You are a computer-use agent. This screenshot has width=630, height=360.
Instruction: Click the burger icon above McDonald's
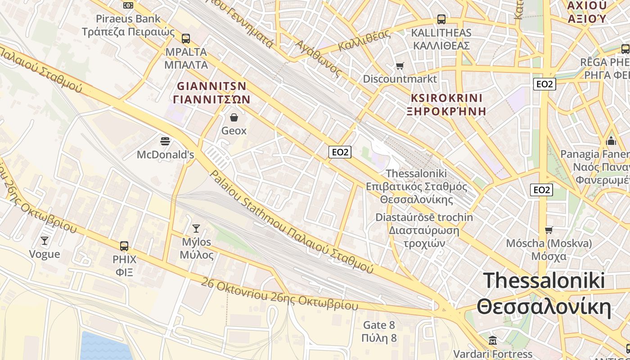[165, 141]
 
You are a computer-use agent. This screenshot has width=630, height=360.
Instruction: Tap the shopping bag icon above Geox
[234, 118]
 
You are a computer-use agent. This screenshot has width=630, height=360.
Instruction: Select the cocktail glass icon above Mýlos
[196, 229]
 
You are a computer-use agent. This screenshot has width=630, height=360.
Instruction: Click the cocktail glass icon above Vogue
[44, 241]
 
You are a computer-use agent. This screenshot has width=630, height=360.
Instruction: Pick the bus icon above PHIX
[124, 246]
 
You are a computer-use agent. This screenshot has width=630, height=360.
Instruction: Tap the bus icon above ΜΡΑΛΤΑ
[185, 39]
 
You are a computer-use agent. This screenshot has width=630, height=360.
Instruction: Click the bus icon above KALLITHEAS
[441, 19]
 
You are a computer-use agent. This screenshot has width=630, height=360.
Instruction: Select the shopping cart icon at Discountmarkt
[400, 66]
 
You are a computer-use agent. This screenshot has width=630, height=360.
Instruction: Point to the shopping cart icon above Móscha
[549, 230]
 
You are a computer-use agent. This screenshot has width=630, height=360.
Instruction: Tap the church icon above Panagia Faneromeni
[611, 140]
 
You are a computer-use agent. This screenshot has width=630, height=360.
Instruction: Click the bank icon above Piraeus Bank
[128, 5]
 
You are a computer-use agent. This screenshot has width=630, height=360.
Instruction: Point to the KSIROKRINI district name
[446, 98]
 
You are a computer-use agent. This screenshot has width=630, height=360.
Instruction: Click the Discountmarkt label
[400, 79]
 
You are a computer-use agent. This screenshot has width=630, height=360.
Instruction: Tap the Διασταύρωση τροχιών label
[424, 237]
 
